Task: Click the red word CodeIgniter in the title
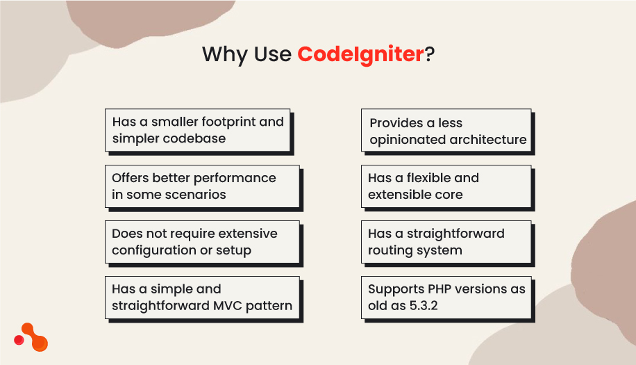pyautogui.click(x=360, y=54)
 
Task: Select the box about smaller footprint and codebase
pyautogui.click(x=197, y=130)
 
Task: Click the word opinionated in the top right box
pyautogui.click(x=407, y=140)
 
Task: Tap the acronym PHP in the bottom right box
pyautogui.click(x=433, y=289)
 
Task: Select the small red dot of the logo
pyautogui.click(x=19, y=340)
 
